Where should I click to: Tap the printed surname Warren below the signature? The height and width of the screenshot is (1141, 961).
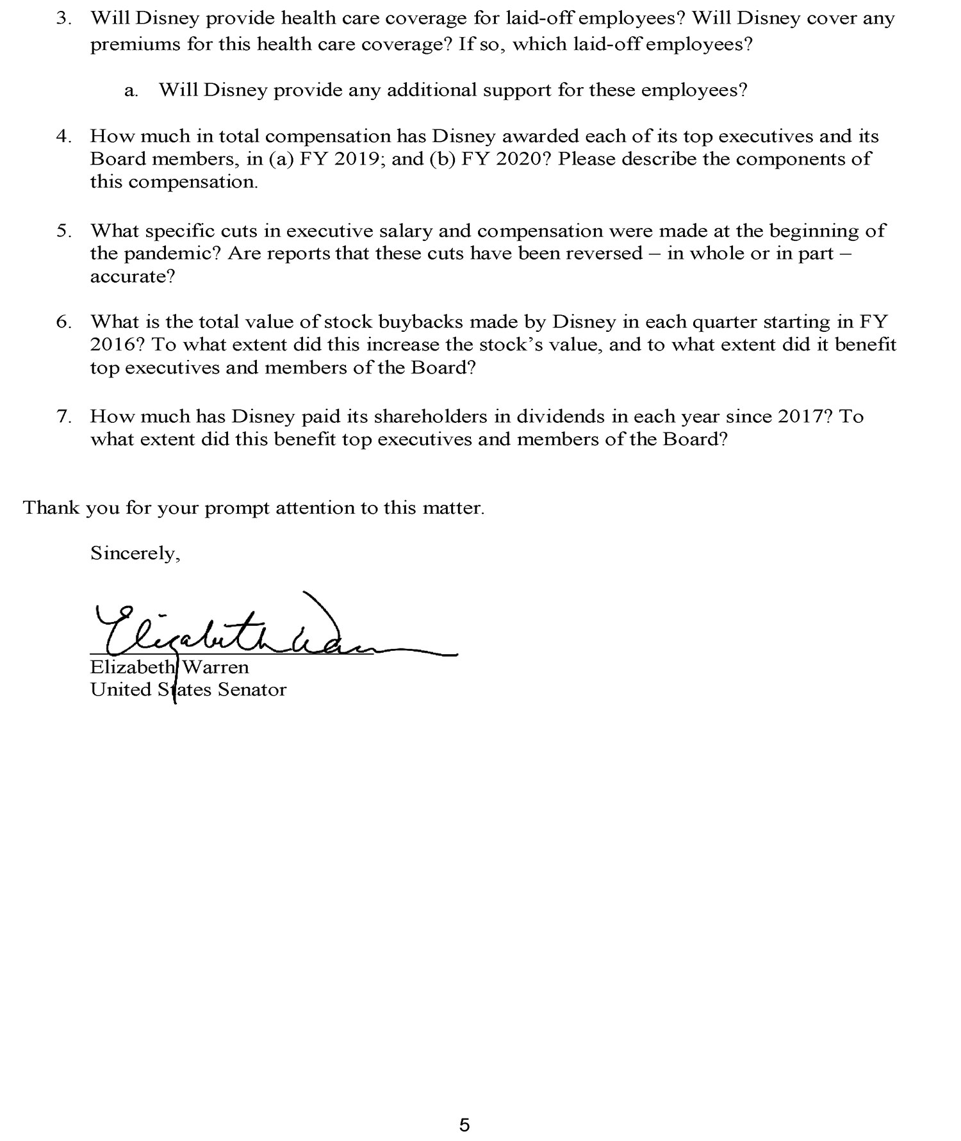tap(216, 667)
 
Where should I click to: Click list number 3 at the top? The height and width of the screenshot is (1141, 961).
tap(63, 19)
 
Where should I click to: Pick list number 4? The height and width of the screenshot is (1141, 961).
tap(63, 136)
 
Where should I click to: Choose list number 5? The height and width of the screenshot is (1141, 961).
tap(63, 231)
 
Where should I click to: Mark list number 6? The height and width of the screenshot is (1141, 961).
tap(63, 322)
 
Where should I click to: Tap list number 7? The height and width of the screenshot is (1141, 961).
tap(63, 416)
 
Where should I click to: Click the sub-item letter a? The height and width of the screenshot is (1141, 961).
tap(131, 90)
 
